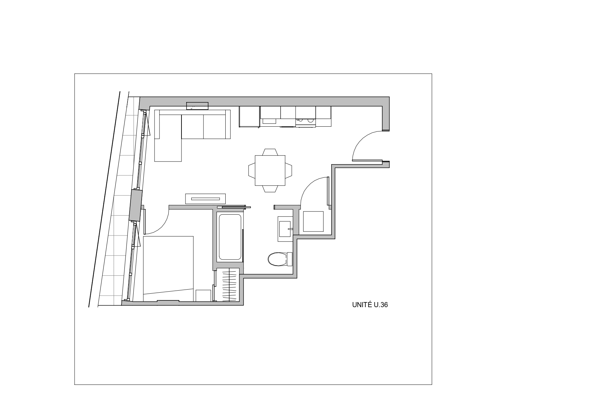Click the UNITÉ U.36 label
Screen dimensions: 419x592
pos(370,305)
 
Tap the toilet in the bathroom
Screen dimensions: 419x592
pos(280,259)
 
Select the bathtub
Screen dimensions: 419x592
pos(230,237)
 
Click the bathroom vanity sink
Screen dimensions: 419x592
pos(285,229)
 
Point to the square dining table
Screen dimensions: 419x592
pos(270,170)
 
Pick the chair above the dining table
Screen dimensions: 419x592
pos(270,152)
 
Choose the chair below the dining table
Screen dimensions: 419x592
pos(270,189)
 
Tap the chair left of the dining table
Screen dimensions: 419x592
pos(252,170)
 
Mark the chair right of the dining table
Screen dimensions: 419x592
pos(288,170)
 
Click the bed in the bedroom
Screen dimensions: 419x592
pos(168,267)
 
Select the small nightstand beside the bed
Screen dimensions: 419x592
pos(203,295)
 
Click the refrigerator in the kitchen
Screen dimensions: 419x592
pos(249,117)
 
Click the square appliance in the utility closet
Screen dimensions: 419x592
pos(313,221)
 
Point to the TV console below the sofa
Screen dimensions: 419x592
pos(205,199)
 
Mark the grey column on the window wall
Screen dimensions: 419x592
pos(136,205)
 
